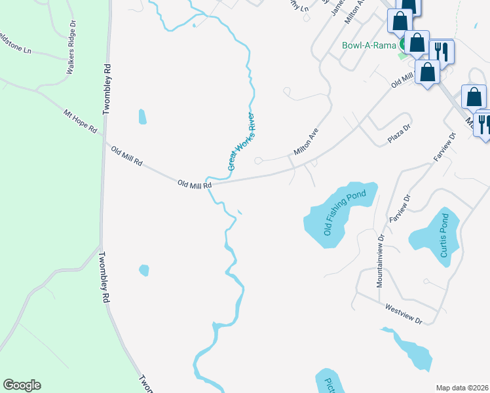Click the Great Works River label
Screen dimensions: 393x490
241,142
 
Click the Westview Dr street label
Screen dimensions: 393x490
404,313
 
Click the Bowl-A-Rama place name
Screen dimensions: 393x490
367,46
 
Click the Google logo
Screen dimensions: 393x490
22,385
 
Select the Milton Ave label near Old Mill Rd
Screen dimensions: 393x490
306,141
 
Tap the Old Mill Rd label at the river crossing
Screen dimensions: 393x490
195,185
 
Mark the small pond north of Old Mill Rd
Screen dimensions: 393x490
142,117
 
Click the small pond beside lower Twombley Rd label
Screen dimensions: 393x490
144,270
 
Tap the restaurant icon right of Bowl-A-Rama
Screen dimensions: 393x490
443,51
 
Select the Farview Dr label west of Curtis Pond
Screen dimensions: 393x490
399,207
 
